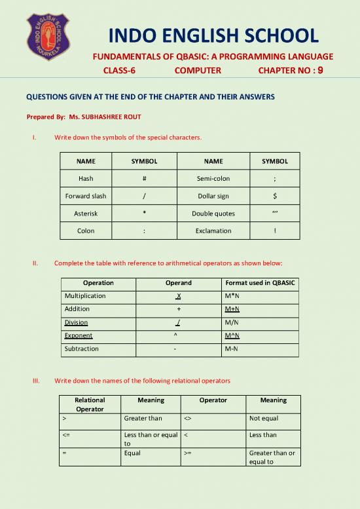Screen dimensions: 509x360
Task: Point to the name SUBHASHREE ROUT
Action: point(104,117)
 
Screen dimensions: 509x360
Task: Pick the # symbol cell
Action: point(143,178)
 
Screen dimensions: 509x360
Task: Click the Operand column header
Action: point(177,283)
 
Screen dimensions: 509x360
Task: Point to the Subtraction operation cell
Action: point(82,349)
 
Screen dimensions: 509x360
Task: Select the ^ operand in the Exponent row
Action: point(176,335)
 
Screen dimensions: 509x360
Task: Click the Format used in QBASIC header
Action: point(260,283)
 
